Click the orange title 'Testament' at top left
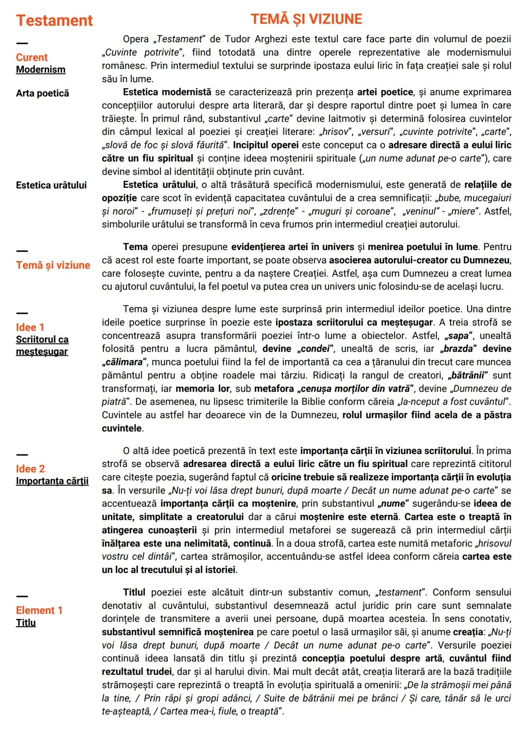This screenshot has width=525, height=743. (x=54, y=20)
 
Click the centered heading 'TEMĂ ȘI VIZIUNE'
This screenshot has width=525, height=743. (x=306, y=19)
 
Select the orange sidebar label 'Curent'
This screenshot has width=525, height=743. (x=32, y=57)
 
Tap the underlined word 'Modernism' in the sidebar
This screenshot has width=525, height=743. (x=40, y=70)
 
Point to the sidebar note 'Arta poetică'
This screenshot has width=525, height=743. (x=42, y=93)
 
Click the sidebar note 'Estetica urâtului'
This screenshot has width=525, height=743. (x=51, y=185)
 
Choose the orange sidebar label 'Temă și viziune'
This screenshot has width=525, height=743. (x=53, y=265)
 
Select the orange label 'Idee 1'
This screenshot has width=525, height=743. (x=30, y=327)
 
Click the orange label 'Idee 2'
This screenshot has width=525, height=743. (x=30, y=469)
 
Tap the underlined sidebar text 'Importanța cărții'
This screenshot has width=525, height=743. (x=52, y=481)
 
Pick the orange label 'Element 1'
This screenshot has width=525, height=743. (x=39, y=611)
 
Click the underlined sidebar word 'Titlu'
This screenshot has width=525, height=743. (x=26, y=623)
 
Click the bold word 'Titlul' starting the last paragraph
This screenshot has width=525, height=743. (x=134, y=593)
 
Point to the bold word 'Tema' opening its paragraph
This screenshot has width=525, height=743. (x=135, y=247)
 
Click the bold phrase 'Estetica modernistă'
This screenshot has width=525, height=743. (x=167, y=92)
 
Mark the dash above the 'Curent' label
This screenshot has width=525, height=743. (x=22, y=44)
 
